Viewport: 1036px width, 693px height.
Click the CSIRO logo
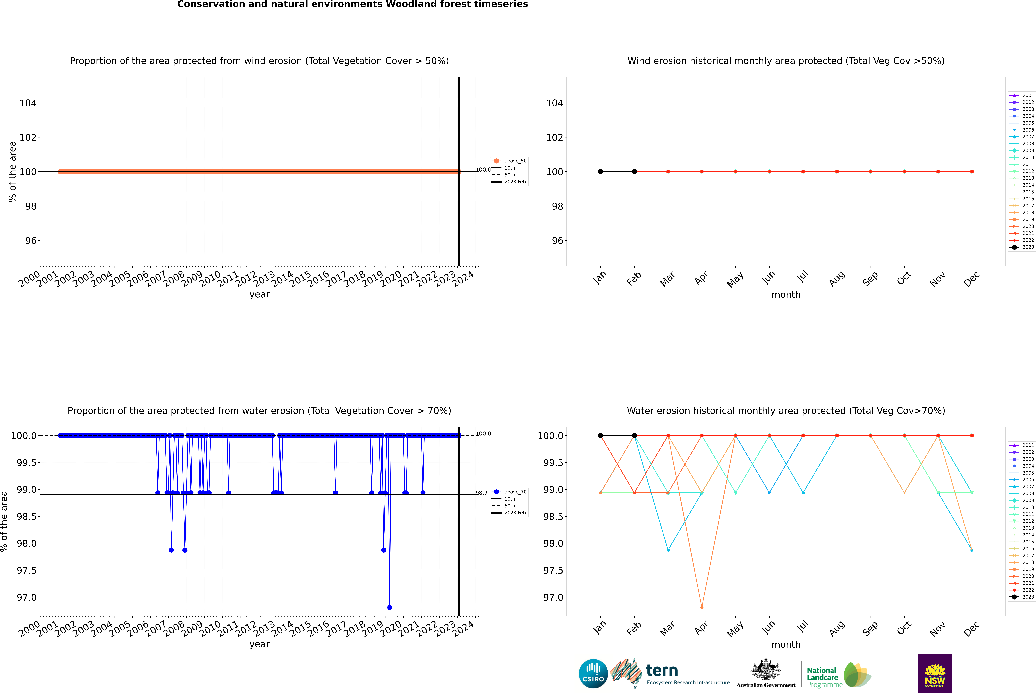click(593, 674)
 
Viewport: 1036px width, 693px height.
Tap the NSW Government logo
click(935, 674)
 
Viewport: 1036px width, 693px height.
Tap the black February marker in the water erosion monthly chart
click(634, 435)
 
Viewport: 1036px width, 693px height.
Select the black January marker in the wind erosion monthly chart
click(601, 171)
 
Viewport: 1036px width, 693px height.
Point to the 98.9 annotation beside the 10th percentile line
click(481, 493)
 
